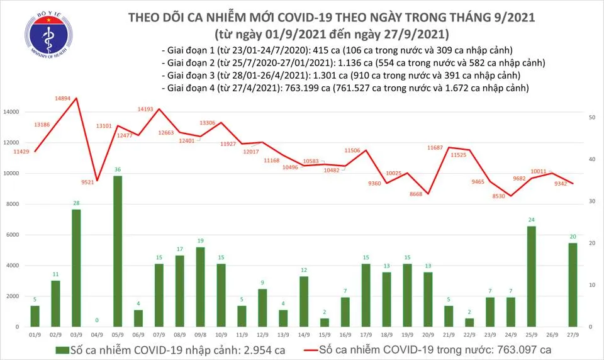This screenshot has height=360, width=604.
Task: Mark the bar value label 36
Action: tap(118, 170)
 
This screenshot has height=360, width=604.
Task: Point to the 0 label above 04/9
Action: tap(97, 320)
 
